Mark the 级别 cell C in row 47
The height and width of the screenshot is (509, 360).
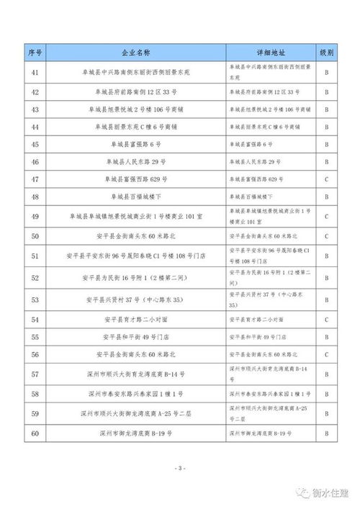[x=327, y=179]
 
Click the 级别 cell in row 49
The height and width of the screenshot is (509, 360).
[x=327, y=216]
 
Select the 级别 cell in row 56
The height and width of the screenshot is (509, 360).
[x=327, y=354]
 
